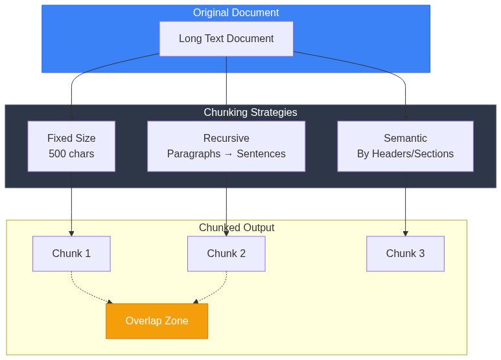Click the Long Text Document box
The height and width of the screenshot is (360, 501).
click(226, 39)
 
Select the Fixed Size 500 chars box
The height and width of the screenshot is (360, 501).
click(71, 146)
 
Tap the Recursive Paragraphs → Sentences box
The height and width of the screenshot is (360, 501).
click(226, 146)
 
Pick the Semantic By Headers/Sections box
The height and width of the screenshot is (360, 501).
click(405, 146)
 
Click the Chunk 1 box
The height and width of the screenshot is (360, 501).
click(71, 253)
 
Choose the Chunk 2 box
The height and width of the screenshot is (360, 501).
click(226, 253)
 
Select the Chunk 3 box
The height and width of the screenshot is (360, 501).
click(405, 253)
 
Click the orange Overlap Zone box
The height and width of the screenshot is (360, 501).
click(157, 321)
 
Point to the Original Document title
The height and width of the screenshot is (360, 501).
click(236, 13)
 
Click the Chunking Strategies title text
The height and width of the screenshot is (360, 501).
click(250, 113)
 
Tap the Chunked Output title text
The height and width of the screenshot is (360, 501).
click(237, 228)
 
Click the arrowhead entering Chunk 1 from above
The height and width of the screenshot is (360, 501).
click(71, 233)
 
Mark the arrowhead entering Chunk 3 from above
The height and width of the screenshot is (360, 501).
click(405, 233)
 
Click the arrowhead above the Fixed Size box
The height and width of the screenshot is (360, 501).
click(71, 118)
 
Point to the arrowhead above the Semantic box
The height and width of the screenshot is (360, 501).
click(405, 118)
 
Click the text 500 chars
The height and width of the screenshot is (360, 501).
click(71, 154)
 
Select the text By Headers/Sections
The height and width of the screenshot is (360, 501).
click(405, 154)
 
